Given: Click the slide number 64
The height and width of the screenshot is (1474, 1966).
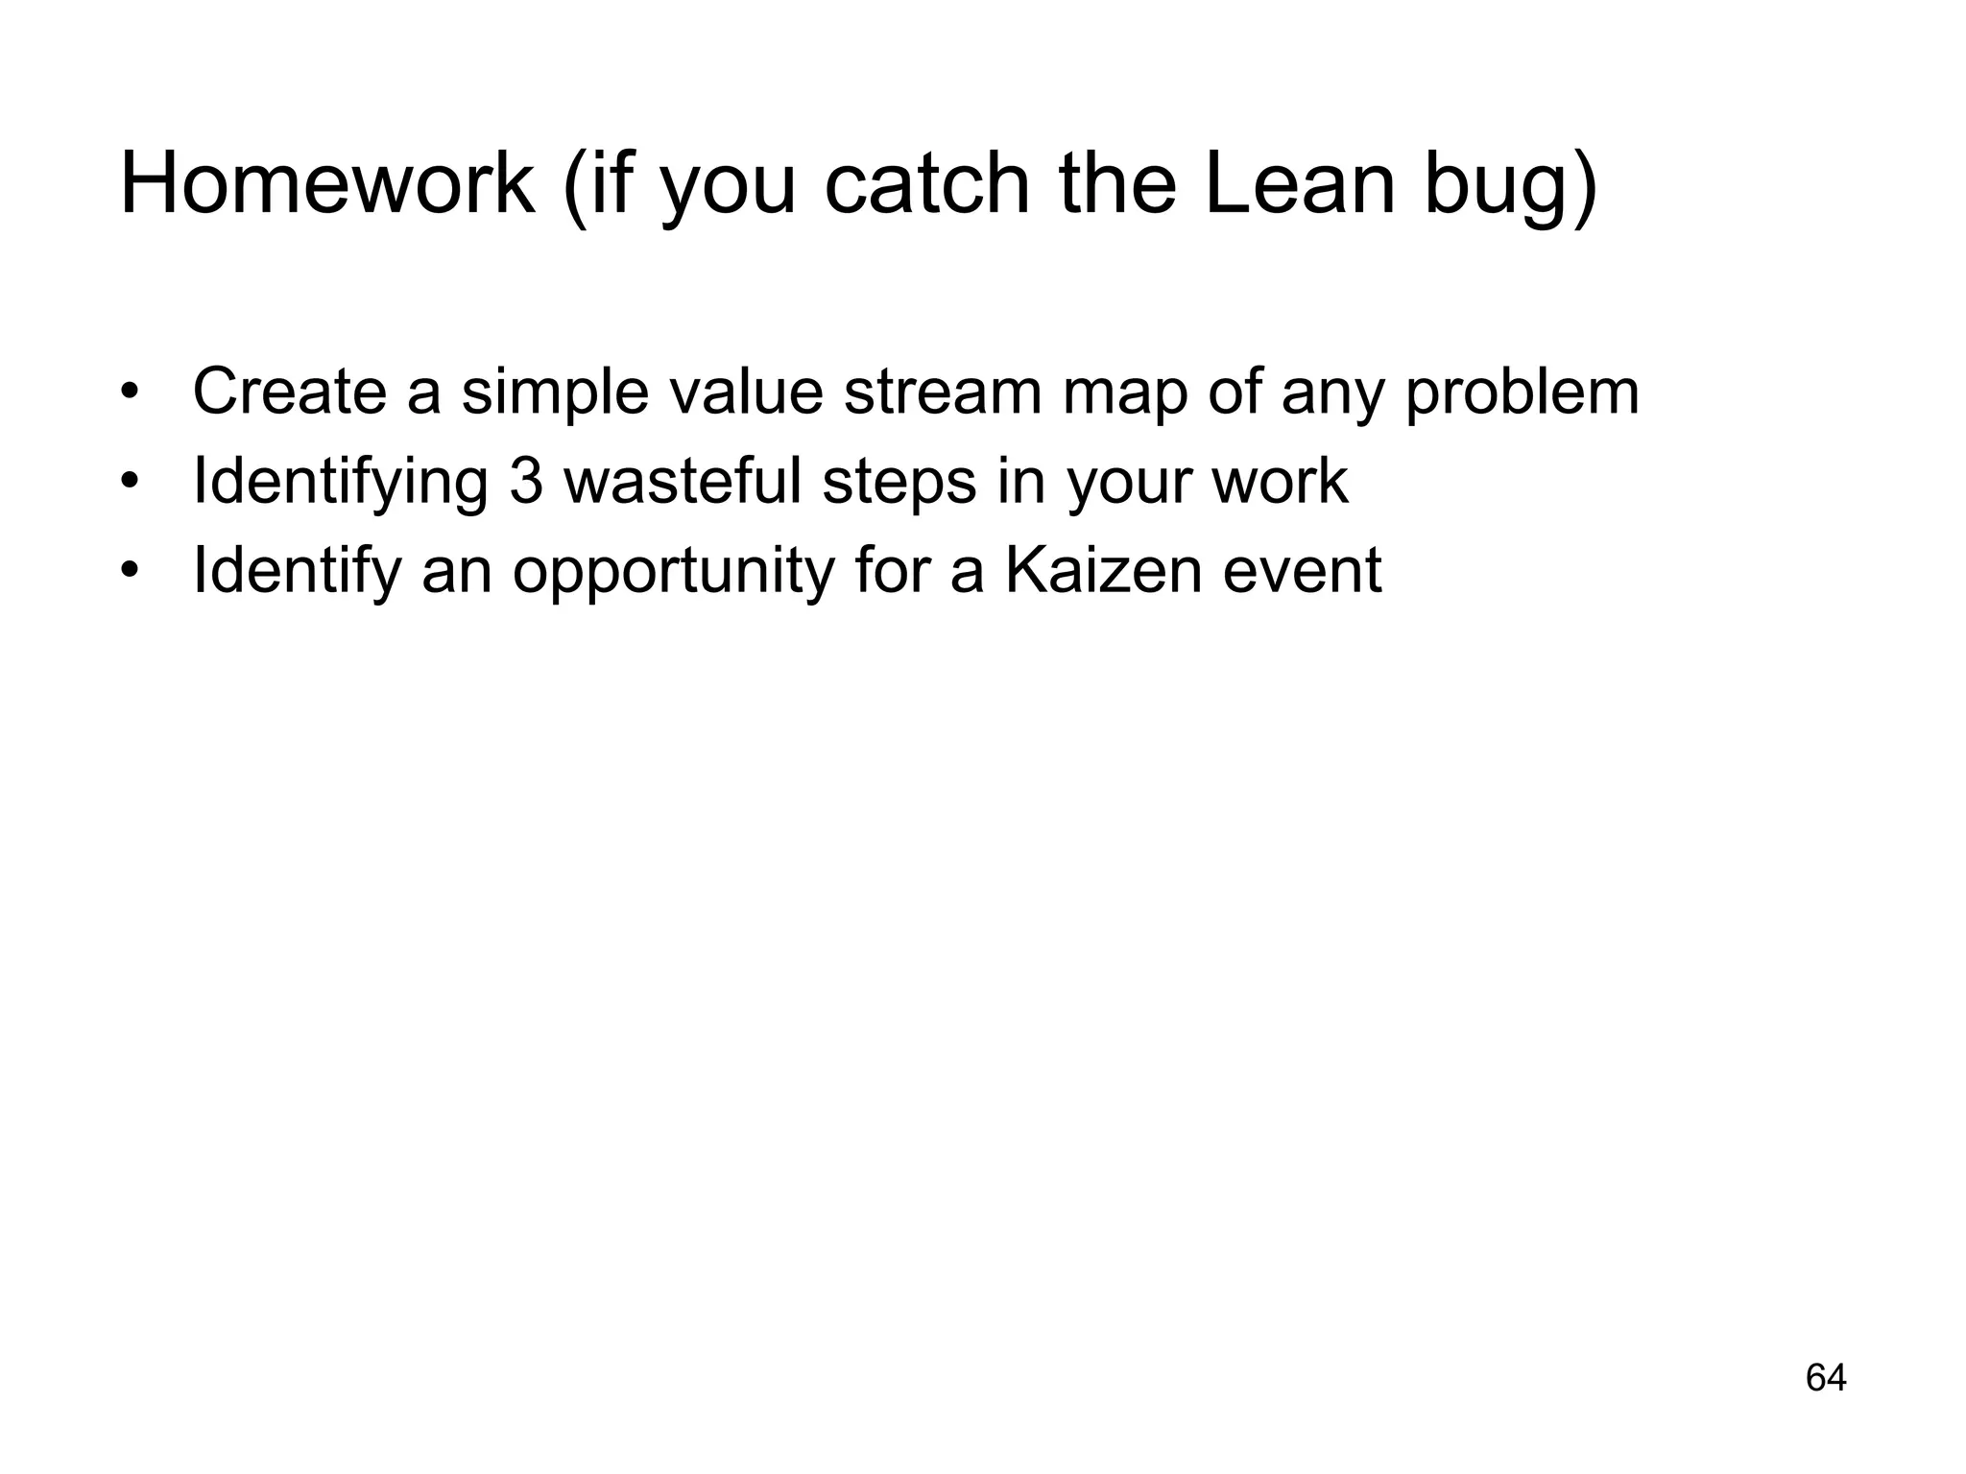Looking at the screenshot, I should click(1826, 1377).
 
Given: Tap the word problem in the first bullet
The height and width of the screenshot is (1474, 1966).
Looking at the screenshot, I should click(1522, 393).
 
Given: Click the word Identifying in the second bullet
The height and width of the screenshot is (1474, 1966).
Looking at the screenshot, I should click(341, 482).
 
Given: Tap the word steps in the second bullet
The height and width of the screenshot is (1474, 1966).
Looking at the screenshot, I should click(899, 484).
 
